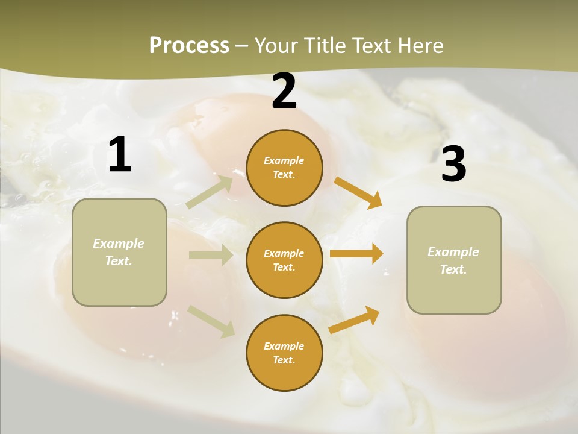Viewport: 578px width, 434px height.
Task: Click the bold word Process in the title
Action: coord(189,46)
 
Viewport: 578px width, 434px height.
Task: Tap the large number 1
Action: coord(120,155)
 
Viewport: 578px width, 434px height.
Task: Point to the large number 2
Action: coord(284,91)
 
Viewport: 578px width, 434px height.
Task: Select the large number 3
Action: coord(453,164)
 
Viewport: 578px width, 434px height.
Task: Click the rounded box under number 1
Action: coord(119,252)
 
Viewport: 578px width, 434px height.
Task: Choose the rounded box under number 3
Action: coord(454,260)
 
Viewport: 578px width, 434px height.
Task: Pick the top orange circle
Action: coord(284,168)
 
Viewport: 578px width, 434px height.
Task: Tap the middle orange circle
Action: coord(284,260)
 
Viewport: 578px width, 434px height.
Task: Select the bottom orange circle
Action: coord(284,353)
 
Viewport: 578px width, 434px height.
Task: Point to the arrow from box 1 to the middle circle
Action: coord(211,255)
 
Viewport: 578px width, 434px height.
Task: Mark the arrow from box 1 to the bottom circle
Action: coord(211,321)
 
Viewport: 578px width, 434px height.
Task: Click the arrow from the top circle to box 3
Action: coord(358,193)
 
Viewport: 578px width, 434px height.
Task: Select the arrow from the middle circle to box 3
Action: coord(356,254)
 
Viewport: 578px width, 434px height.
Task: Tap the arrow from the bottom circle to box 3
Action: coord(355,320)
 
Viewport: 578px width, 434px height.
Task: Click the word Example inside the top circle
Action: coord(284,160)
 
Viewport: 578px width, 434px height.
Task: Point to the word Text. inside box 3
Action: coord(453,269)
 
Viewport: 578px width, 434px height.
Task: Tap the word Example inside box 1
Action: coord(119,244)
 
